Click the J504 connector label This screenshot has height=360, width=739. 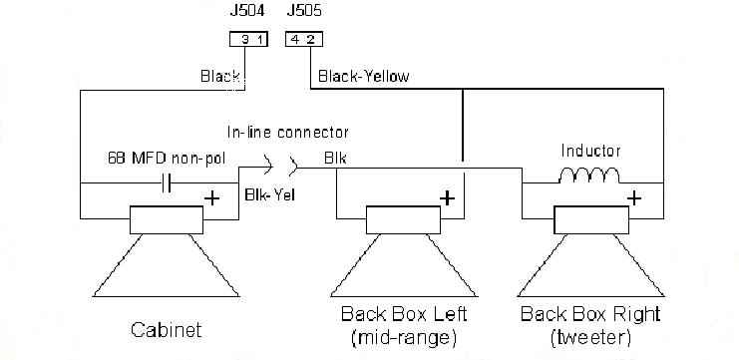[247, 10]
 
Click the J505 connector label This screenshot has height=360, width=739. [304, 10]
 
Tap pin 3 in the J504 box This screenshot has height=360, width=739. [244, 40]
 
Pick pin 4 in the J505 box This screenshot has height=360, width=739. [295, 40]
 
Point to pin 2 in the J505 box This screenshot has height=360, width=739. [310, 40]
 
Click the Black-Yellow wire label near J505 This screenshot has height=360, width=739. [364, 77]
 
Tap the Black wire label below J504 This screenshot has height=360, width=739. [220, 77]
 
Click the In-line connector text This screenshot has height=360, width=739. [288, 133]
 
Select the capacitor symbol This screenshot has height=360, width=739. [166, 182]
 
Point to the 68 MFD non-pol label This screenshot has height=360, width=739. [167, 159]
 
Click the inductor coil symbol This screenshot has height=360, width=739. [589, 176]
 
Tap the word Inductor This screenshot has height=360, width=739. [590, 151]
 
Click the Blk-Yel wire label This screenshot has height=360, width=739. [270, 194]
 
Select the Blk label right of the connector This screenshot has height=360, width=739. [335, 159]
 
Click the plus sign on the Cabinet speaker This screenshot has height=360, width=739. [212, 198]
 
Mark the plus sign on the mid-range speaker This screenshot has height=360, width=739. [447, 198]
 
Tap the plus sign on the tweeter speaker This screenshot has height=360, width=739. [634, 197]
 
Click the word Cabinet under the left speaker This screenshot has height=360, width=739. [167, 330]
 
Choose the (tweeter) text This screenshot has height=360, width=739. [590, 338]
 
